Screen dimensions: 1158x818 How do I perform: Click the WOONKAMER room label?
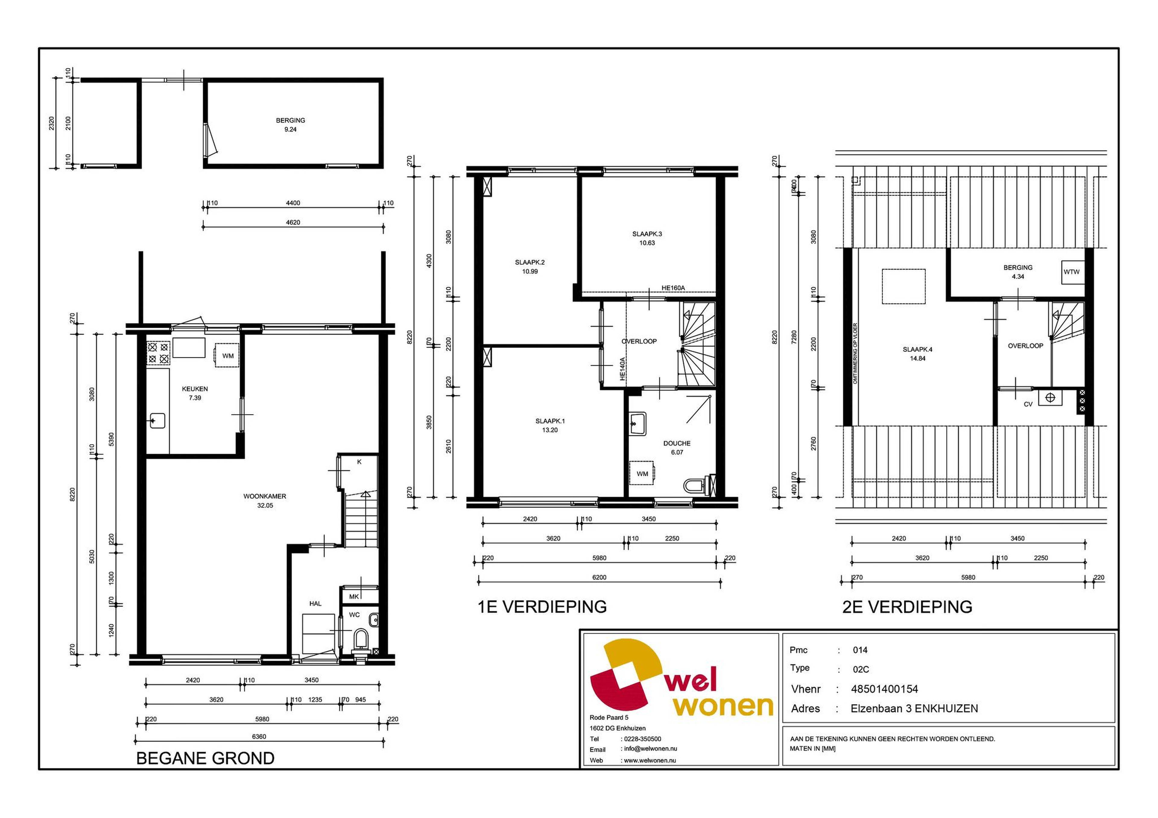click(x=265, y=496)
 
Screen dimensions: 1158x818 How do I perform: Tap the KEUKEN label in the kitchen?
click(x=195, y=389)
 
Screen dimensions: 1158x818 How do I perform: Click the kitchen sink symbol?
click(x=157, y=420)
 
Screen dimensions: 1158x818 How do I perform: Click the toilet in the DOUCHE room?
click(x=698, y=485)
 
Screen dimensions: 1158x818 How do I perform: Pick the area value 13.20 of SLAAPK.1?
click(x=550, y=430)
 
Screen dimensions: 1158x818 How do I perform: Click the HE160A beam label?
click(x=673, y=288)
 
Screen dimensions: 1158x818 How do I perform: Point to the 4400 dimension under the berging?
click(x=293, y=203)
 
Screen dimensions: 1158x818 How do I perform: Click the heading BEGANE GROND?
click(x=205, y=758)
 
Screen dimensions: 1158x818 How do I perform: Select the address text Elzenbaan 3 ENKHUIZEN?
click(x=914, y=709)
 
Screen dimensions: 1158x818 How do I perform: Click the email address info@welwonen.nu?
click(x=650, y=749)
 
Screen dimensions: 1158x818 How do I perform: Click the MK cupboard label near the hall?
click(x=354, y=597)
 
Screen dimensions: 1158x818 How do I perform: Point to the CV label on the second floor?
click(x=1028, y=404)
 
